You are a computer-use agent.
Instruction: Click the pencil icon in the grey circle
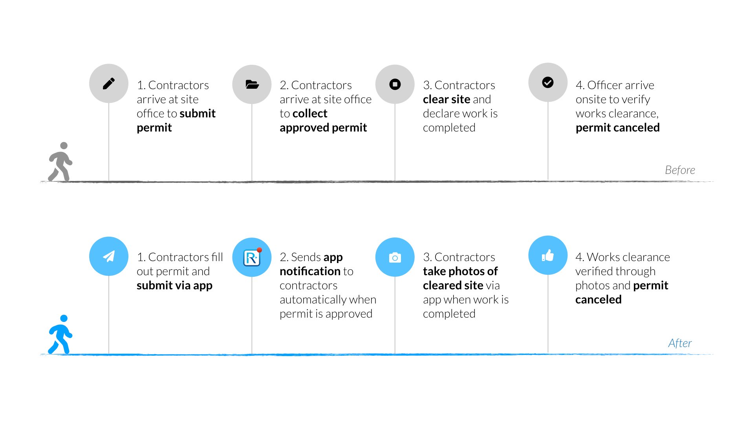point(109,84)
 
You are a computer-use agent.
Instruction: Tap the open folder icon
point(252,84)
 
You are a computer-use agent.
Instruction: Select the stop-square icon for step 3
point(395,84)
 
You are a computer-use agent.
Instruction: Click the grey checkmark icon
point(548,82)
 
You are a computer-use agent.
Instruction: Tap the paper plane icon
point(109,256)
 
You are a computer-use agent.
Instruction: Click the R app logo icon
point(252,258)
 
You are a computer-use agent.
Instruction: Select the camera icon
point(395,258)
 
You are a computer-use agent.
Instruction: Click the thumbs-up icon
point(548,256)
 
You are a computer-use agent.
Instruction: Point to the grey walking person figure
point(60,162)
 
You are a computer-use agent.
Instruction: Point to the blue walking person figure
point(60,334)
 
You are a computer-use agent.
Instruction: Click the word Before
point(680,170)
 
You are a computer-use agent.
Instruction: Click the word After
point(680,343)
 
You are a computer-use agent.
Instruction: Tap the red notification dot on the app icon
point(259,250)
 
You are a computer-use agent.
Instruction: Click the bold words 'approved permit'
point(323,128)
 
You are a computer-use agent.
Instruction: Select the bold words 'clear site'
point(447,99)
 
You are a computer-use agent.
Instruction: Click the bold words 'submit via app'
point(174,285)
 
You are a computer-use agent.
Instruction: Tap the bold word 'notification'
point(310,271)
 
